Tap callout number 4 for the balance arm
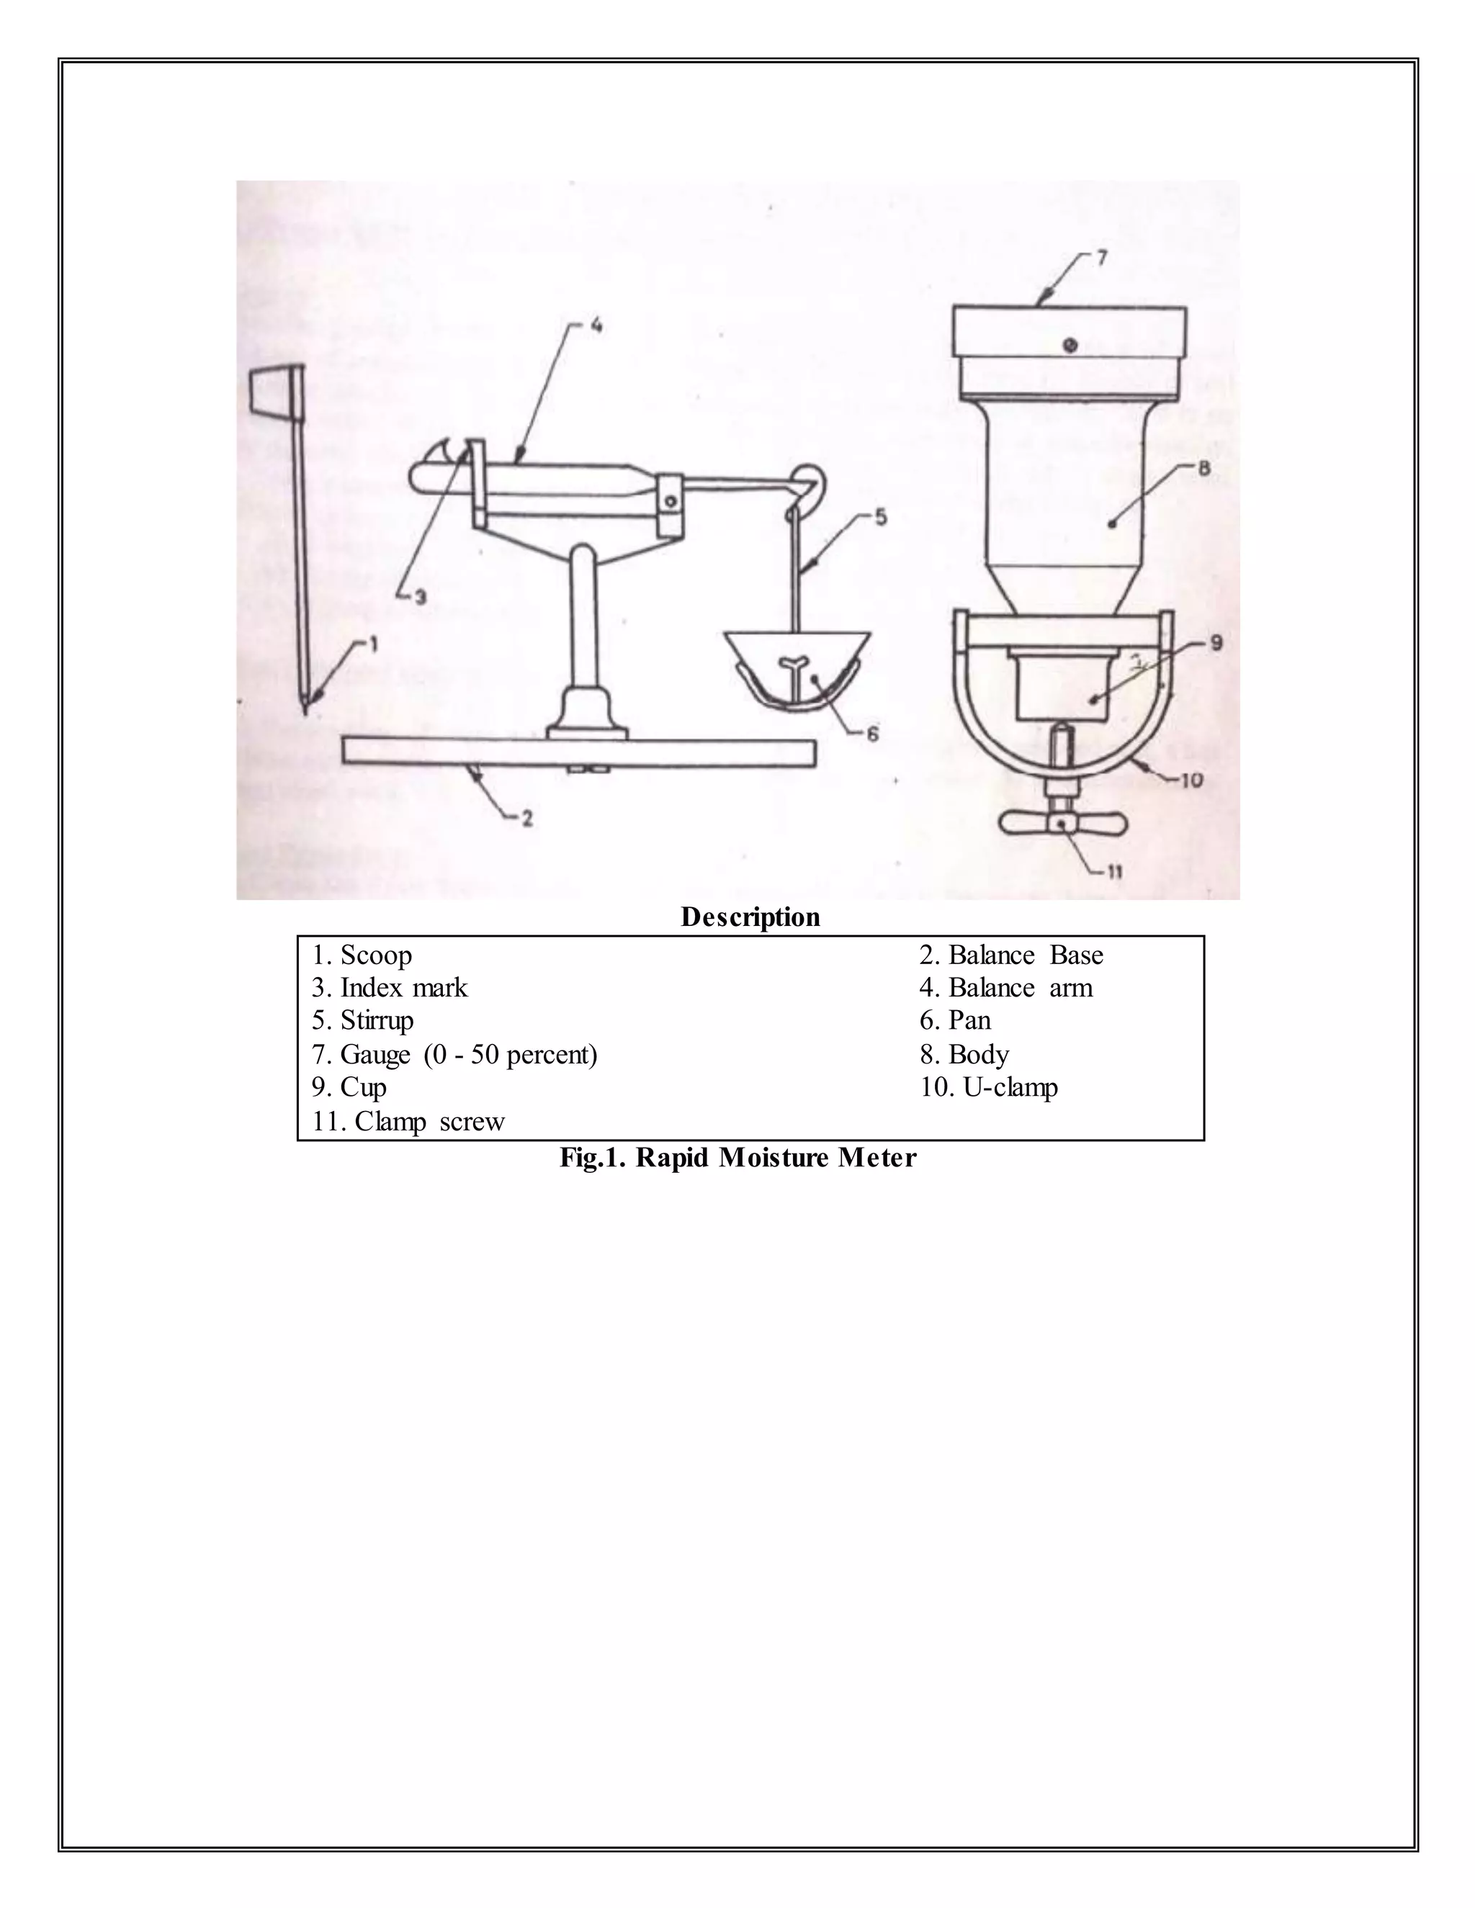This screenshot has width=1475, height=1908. point(595,326)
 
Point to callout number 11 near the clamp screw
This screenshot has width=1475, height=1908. point(1115,872)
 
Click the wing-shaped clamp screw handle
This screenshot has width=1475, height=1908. point(1062,823)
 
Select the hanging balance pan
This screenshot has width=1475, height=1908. point(795,668)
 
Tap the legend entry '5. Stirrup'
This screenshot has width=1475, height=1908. point(363,1020)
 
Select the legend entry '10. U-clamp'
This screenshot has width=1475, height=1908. point(988,1088)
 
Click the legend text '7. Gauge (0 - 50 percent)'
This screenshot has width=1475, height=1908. point(454,1055)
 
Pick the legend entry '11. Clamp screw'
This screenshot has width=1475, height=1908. point(408,1122)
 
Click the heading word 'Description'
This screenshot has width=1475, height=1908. point(750,917)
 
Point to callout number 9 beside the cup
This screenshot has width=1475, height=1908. point(1216,644)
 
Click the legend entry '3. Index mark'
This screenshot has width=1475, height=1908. point(390,988)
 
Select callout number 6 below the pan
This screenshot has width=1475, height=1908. point(872,734)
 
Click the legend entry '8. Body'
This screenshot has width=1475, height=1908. point(964,1055)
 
